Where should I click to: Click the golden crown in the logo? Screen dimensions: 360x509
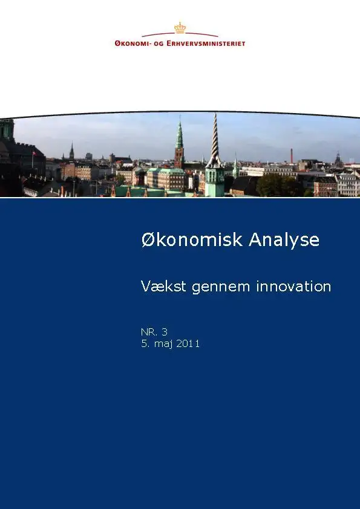pos(180,28)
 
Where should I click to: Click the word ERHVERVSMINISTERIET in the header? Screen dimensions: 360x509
pos(206,44)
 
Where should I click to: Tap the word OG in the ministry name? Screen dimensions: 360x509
pos(159,44)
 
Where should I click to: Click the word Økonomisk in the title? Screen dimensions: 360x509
pos(192,240)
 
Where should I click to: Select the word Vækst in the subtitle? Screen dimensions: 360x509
pos(163,287)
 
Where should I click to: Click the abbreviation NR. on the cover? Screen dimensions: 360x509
pos(149,332)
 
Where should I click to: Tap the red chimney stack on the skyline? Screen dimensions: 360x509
pos(292,156)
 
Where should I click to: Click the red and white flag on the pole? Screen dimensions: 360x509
pos(34,153)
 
